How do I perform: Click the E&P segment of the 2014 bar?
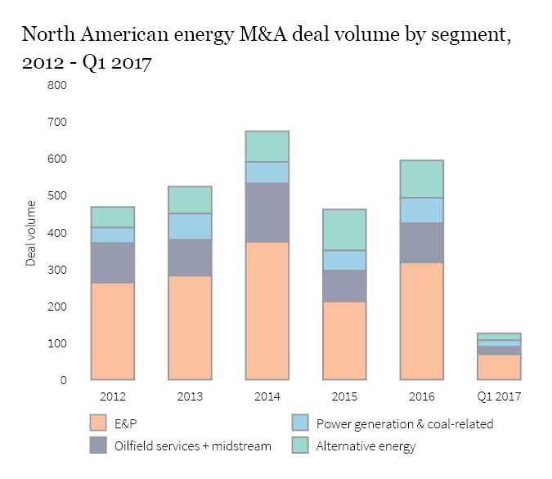(x=267, y=311)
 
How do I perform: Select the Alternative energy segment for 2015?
(x=343, y=230)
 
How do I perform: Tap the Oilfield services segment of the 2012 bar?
(x=113, y=262)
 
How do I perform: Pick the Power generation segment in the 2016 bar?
(x=421, y=210)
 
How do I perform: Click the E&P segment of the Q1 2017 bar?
(x=499, y=367)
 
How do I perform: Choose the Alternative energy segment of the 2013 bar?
(x=190, y=199)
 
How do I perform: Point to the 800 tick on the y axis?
(x=56, y=85)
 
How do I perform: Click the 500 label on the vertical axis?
(x=56, y=196)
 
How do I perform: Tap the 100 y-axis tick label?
(x=56, y=343)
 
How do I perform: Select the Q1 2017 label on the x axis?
(x=499, y=396)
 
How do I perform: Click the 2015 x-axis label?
(x=343, y=396)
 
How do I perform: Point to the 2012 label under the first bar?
(x=113, y=396)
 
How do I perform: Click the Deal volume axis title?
(x=31, y=233)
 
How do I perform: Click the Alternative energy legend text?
(x=366, y=446)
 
